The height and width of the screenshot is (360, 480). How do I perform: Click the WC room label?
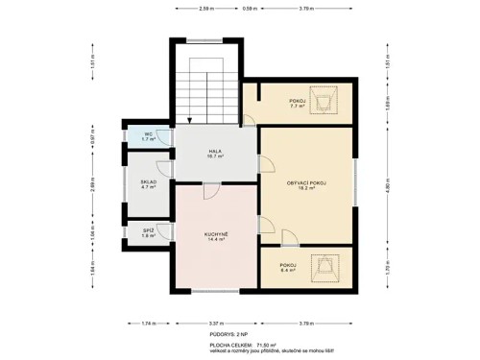click(148, 136)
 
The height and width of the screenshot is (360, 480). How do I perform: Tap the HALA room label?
click(215, 154)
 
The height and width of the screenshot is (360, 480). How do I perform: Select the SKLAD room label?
click(148, 184)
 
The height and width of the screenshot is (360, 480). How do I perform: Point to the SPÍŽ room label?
click(148, 233)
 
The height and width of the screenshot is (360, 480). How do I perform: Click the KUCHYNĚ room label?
click(215, 235)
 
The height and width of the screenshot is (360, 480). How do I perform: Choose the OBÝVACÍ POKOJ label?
click(306, 184)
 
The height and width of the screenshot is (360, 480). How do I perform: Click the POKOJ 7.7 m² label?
click(298, 104)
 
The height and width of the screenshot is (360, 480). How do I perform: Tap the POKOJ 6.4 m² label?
click(287, 268)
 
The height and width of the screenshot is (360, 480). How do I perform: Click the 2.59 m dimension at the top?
click(205, 9)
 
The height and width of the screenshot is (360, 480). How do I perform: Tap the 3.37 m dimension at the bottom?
click(216, 324)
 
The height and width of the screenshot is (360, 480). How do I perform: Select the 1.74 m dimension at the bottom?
click(145, 324)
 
